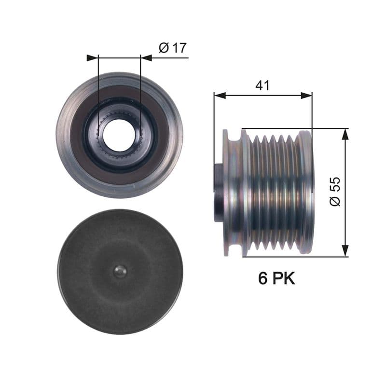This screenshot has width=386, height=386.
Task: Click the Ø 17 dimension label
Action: coord(172,48)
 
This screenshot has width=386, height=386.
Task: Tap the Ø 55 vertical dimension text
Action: coord(335,192)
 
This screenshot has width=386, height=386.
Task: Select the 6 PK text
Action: coord(276,278)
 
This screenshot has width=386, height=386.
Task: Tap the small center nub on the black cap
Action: coord(120,272)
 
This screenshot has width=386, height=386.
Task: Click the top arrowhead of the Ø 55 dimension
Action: coord(345,134)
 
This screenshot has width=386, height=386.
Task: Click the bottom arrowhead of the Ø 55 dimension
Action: coord(345,251)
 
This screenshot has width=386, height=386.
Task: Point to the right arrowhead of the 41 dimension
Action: coord(306,96)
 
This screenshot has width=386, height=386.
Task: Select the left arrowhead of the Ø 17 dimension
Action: coord(92,58)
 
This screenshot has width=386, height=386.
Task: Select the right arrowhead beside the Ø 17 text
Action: coord(146,58)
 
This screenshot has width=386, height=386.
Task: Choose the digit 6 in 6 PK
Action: coord(262,278)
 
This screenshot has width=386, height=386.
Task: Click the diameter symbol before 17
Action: coord(164,48)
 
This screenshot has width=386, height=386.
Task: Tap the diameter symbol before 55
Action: coord(335,201)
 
